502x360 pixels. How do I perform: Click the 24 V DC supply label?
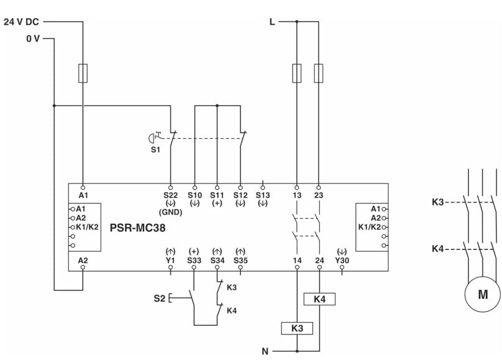pos(22,21)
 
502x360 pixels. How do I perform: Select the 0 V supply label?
pos(32,39)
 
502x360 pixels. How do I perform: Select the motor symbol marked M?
pos(482,295)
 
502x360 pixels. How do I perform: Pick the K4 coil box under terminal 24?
pos(319,299)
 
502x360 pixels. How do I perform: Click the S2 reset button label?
pos(160,298)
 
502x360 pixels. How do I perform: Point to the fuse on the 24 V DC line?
pos(83,73)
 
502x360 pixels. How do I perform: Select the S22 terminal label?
pos(170,195)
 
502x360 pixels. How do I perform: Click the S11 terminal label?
pos(217,195)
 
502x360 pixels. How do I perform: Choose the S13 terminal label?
pos(263,195)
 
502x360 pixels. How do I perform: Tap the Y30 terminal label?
pos(342,260)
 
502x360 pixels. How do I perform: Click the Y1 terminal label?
pos(170,260)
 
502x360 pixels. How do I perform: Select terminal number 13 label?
pos(296,195)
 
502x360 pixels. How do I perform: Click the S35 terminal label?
pos(240,260)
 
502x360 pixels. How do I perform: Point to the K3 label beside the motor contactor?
pos(439,202)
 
